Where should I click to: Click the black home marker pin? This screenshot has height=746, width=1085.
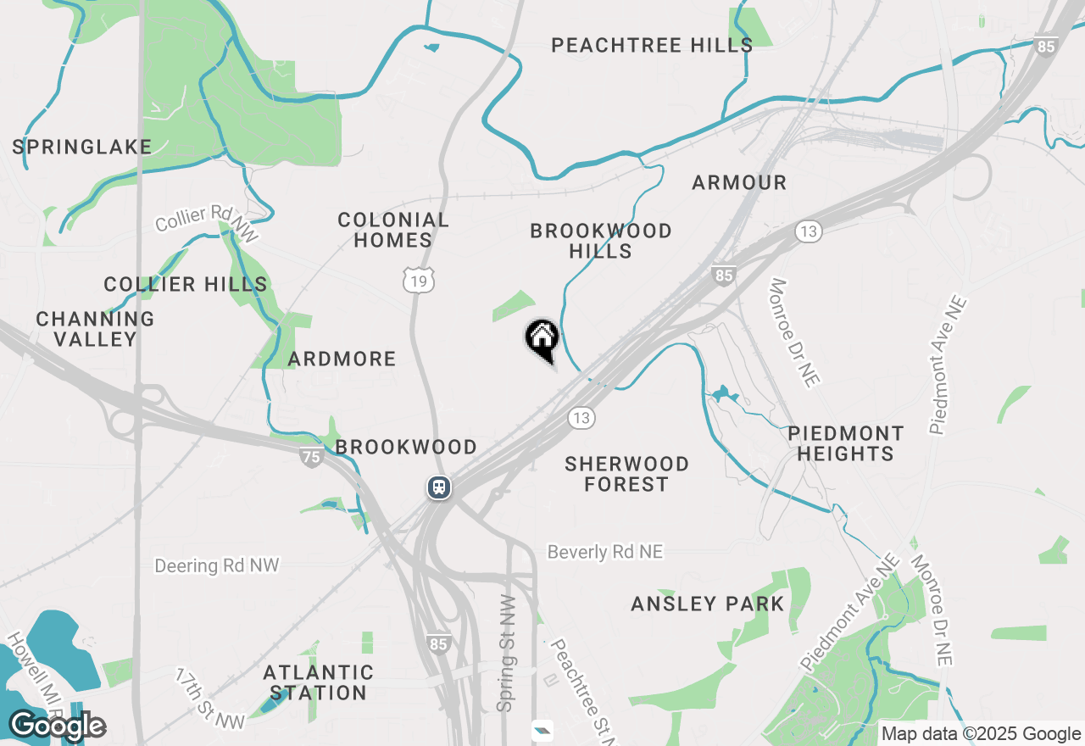(542, 340)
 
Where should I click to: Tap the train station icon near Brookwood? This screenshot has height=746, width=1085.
(438, 487)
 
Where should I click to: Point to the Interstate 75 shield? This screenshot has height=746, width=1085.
(311, 457)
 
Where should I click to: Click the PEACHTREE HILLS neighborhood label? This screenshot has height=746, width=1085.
(652, 45)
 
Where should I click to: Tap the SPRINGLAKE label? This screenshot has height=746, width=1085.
(82, 147)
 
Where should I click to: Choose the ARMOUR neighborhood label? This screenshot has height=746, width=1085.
(739, 182)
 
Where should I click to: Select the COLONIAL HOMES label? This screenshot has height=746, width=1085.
(393, 230)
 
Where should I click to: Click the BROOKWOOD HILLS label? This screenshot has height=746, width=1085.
(601, 241)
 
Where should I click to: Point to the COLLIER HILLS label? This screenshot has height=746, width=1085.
(186, 284)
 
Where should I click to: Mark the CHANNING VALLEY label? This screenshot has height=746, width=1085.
(95, 329)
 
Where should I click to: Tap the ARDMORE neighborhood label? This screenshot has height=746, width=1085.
(342, 359)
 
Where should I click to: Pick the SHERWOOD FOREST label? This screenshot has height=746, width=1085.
(627, 474)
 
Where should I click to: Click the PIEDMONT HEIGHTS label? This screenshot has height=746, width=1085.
(845, 443)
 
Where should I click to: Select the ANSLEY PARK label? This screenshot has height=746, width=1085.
(708, 604)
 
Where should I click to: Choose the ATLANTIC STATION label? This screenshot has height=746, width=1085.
(318, 682)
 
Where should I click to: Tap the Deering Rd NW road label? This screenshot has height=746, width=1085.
(216, 565)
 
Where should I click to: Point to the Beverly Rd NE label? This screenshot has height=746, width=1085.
(605, 552)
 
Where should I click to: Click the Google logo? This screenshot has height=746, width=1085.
(58, 727)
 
